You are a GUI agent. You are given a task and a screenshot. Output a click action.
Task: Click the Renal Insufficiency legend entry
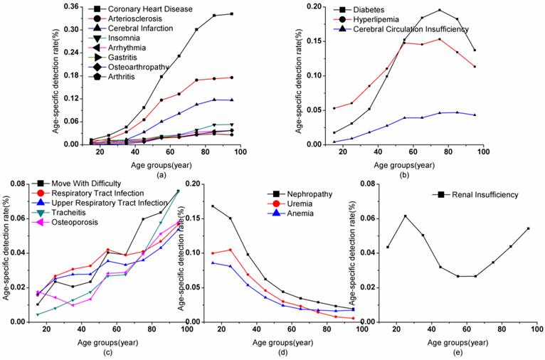coord(475,194)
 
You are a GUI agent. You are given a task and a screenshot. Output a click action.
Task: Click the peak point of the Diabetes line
coord(439,10)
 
